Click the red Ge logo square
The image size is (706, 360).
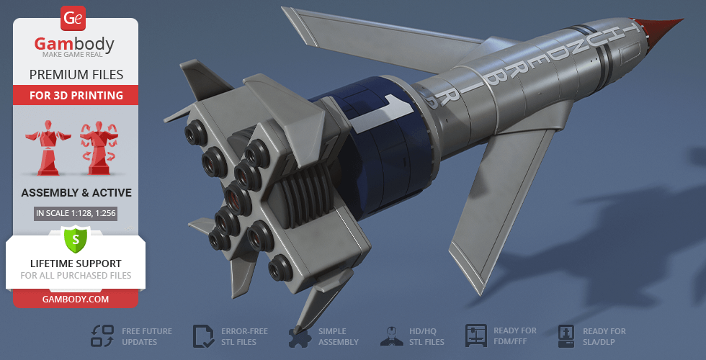tap(75, 17)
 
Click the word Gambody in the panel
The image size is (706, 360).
tap(75, 45)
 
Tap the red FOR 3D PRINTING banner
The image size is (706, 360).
tap(76, 95)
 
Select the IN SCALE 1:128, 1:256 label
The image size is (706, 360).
tap(76, 213)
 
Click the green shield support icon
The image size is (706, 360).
tap(75, 239)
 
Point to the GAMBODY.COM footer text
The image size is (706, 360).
tap(76, 298)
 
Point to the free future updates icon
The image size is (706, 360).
tap(102, 336)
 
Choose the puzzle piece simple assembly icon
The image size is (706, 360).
tap(299, 336)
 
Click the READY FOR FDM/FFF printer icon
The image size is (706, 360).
tap(476, 336)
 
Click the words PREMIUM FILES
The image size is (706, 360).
tap(76, 74)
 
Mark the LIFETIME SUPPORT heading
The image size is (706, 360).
tap(76, 264)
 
